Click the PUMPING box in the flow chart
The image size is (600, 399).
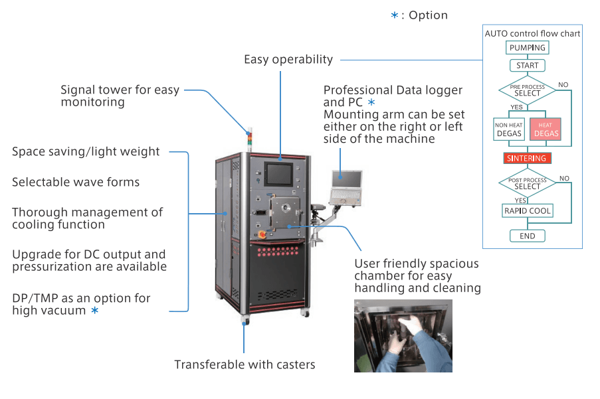click(x=528, y=47)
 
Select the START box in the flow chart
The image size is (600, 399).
click(x=528, y=65)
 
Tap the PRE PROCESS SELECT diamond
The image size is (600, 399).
click(x=528, y=90)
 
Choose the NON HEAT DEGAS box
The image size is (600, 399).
click(x=509, y=129)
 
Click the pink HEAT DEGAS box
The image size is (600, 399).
click(x=546, y=129)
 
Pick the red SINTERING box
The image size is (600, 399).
click(x=528, y=158)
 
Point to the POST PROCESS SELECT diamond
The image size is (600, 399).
click(x=528, y=183)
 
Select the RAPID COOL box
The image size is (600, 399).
click(x=528, y=210)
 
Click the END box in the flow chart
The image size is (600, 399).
click(x=528, y=236)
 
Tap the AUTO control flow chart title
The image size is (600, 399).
click(x=532, y=34)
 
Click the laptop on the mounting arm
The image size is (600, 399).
click(x=346, y=188)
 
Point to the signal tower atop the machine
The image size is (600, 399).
click(x=249, y=139)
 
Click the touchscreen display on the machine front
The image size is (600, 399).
click(x=279, y=175)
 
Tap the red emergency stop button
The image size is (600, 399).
click(x=262, y=234)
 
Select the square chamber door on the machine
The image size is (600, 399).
click(x=285, y=211)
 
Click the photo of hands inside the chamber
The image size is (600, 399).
click(x=403, y=336)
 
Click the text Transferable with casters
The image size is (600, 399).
click(x=245, y=364)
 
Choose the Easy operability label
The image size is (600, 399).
click(x=288, y=60)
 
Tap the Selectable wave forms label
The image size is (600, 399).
click(x=76, y=182)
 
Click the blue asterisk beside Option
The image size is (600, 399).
click(x=395, y=15)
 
